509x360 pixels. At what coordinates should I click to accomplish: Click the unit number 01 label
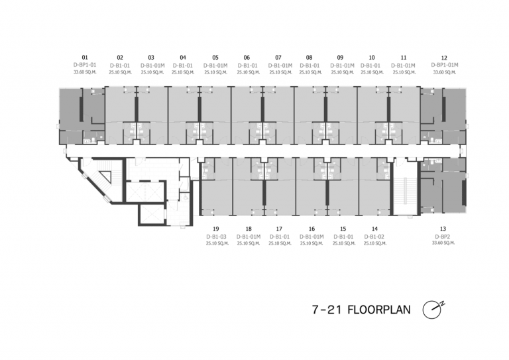84,58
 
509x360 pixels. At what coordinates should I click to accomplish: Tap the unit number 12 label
444,58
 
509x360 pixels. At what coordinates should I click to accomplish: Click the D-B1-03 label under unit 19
216,236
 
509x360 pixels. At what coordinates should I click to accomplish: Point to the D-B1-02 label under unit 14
374,236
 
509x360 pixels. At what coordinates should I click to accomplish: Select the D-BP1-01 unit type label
84,65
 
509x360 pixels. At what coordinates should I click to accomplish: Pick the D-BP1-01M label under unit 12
444,65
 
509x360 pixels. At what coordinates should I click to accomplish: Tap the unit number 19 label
216,228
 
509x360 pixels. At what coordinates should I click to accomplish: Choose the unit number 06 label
247,58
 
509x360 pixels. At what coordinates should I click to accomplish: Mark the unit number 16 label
311,228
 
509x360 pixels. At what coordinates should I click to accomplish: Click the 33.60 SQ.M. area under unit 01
84,72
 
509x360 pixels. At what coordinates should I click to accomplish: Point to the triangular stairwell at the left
103,178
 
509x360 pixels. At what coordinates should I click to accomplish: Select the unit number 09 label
340,58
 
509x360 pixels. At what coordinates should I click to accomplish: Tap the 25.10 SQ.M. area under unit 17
279,243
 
